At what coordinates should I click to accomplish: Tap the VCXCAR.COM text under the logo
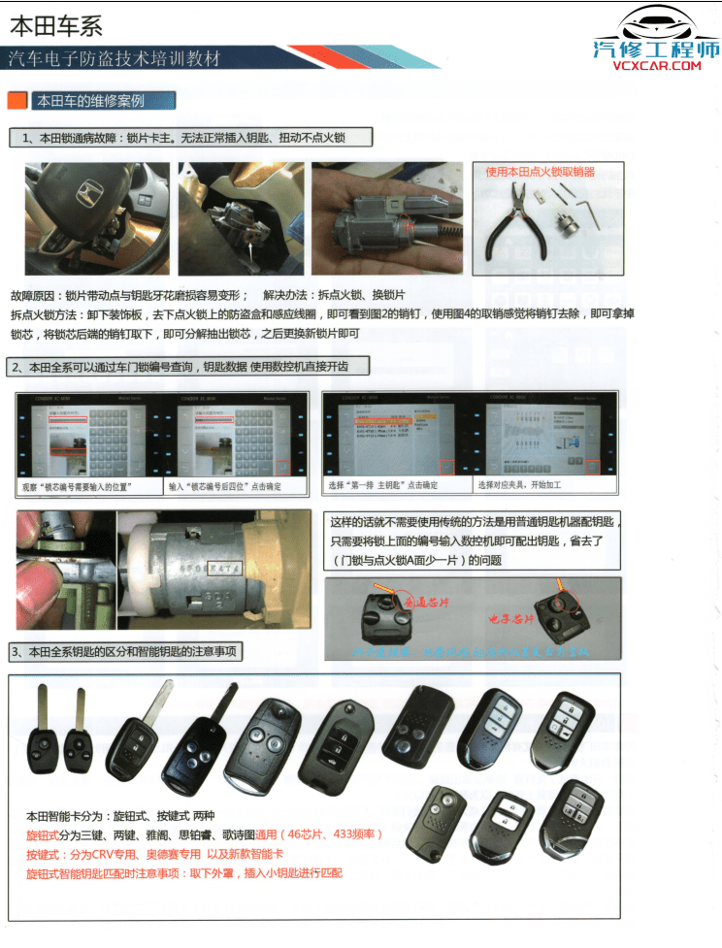coord(656,66)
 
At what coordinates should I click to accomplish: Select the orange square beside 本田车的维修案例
coord(16,100)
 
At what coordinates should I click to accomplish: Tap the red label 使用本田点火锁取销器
coord(540,172)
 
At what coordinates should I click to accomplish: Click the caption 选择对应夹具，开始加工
coord(520,484)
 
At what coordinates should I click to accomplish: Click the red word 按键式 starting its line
coord(45,854)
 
